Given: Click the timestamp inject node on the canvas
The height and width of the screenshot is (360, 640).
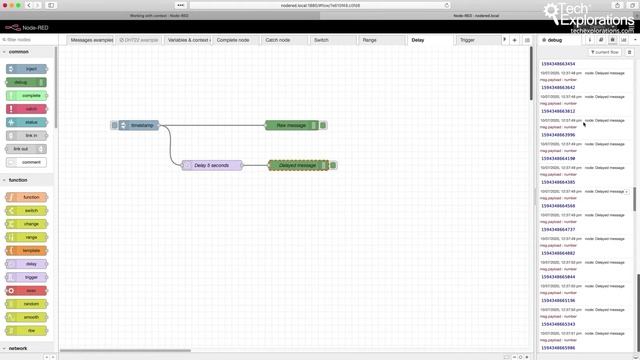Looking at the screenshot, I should click(x=140, y=125).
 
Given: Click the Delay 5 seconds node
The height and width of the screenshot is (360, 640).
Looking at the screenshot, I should click(x=211, y=165).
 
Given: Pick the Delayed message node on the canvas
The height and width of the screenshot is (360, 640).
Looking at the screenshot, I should click(x=298, y=165).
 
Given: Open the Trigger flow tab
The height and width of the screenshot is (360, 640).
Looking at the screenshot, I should click(x=468, y=40).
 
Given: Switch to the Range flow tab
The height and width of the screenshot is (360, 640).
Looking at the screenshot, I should click(x=370, y=40).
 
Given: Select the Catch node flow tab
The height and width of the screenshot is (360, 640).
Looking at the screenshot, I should click(x=277, y=40).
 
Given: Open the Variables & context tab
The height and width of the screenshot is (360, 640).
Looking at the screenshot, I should click(x=188, y=40).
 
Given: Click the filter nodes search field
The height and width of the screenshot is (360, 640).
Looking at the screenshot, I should click(x=30, y=40).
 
